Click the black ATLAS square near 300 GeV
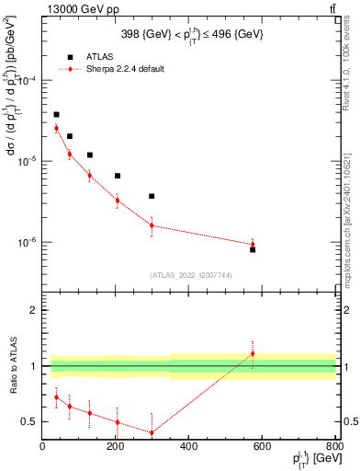tap(152, 196)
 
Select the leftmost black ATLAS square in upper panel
tap(56, 115)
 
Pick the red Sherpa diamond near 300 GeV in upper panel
tap(152, 225)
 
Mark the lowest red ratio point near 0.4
tap(152, 432)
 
